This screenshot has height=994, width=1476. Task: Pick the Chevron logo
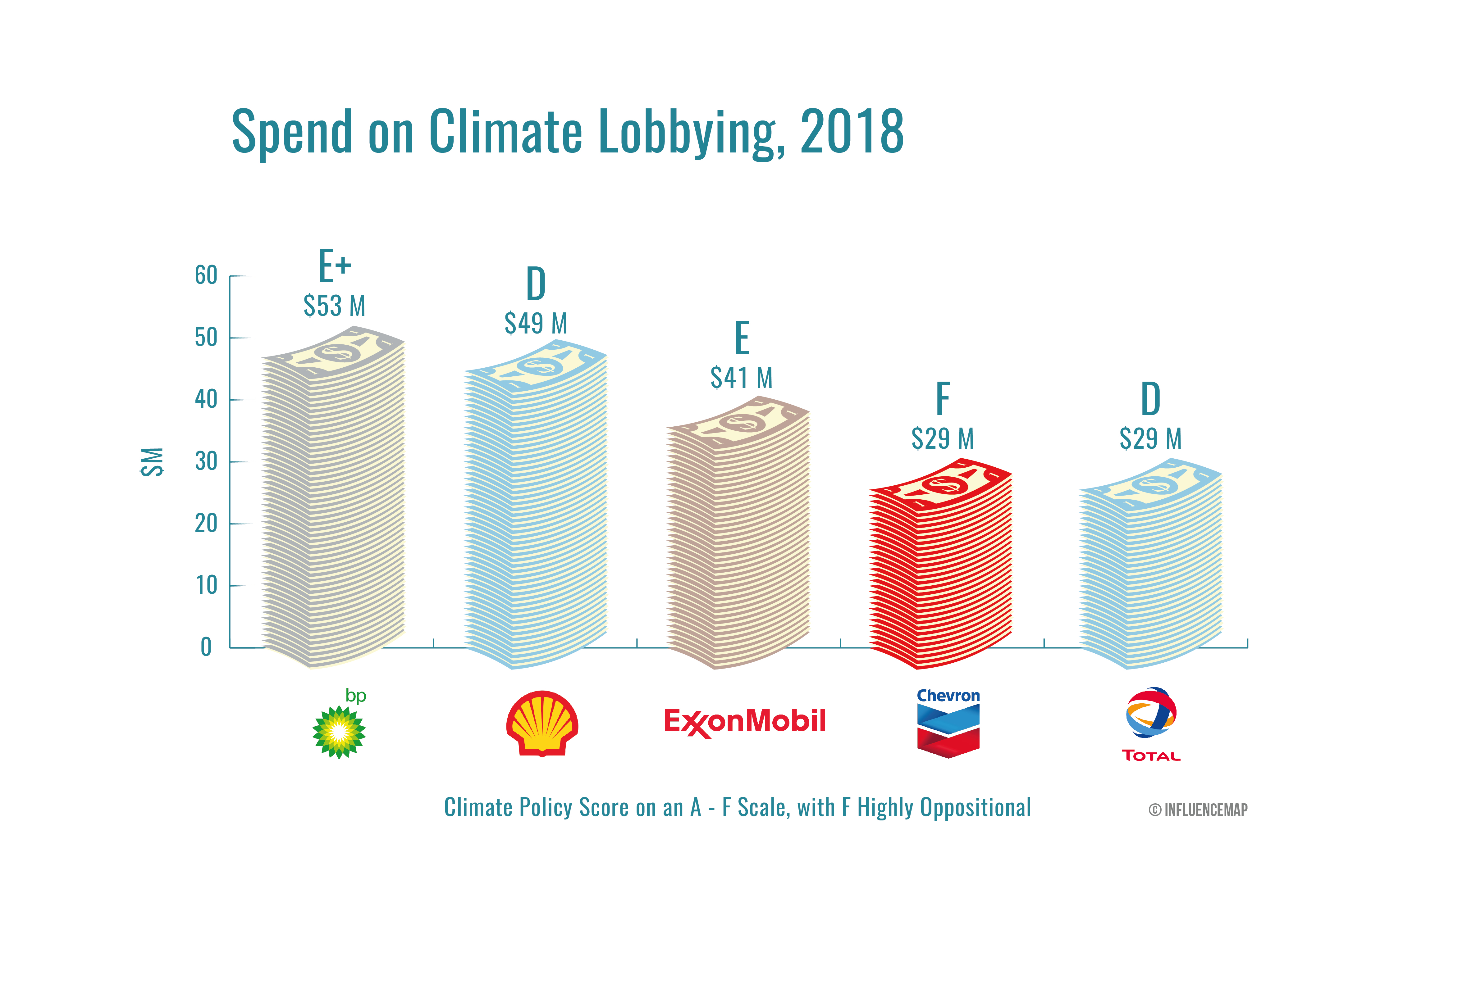(x=948, y=723)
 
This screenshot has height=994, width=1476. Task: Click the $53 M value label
(x=334, y=306)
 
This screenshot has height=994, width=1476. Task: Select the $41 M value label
(x=741, y=378)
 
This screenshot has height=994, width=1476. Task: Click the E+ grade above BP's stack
(x=334, y=266)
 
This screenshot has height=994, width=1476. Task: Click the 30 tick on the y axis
(x=206, y=461)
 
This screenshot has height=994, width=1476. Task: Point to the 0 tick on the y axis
(x=206, y=647)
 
